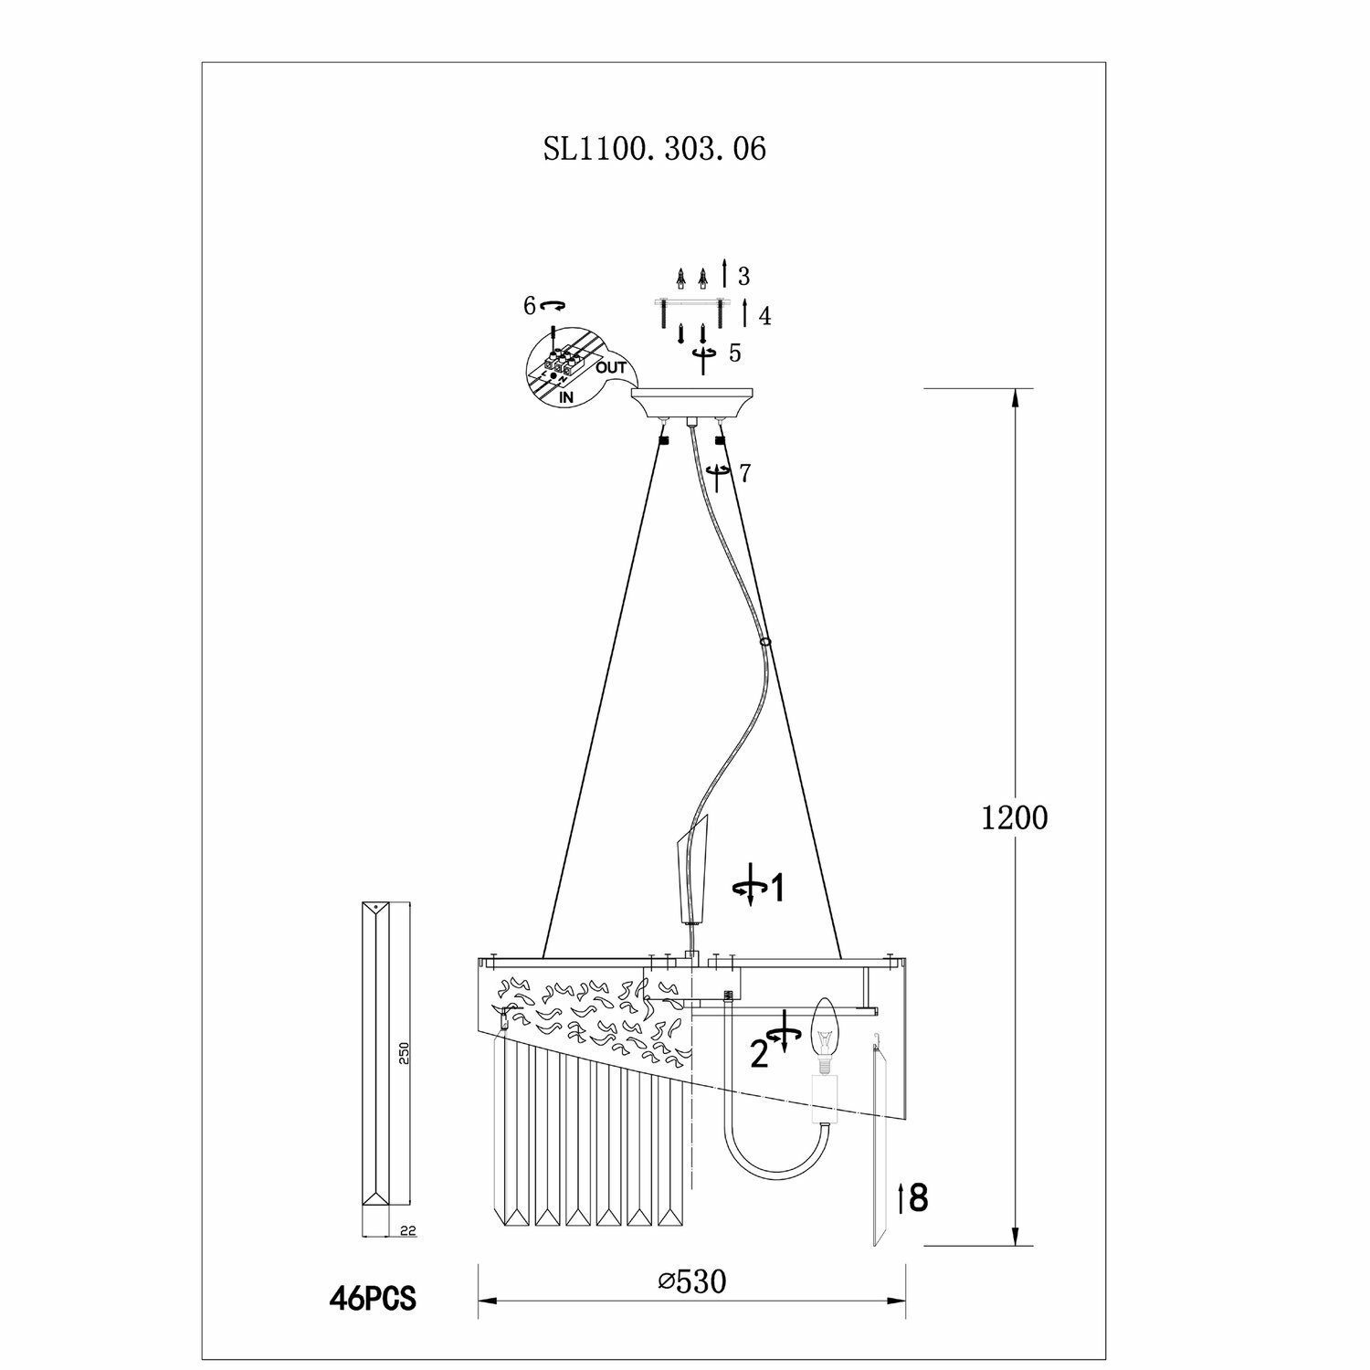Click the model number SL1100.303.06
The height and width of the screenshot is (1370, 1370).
[655, 149]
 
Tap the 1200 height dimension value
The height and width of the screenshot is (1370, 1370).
[1014, 817]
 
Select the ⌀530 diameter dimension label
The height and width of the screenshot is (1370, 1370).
[691, 1282]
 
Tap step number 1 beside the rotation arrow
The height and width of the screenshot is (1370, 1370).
[776, 888]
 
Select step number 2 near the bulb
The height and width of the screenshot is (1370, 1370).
[759, 1054]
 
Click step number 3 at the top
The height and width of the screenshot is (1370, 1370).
[743, 276]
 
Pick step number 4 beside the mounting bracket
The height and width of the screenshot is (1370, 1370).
[764, 316]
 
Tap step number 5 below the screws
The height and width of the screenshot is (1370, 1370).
[735, 354]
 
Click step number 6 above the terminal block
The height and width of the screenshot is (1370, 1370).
[530, 306]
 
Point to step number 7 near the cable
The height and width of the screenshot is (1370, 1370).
[745, 473]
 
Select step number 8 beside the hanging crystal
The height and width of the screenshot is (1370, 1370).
[919, 1197]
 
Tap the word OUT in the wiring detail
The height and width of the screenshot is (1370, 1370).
[611, 368]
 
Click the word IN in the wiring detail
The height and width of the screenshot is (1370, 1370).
[566, 398]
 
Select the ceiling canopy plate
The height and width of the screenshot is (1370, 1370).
[694, 402]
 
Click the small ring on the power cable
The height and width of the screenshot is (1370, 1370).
[765, 643]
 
